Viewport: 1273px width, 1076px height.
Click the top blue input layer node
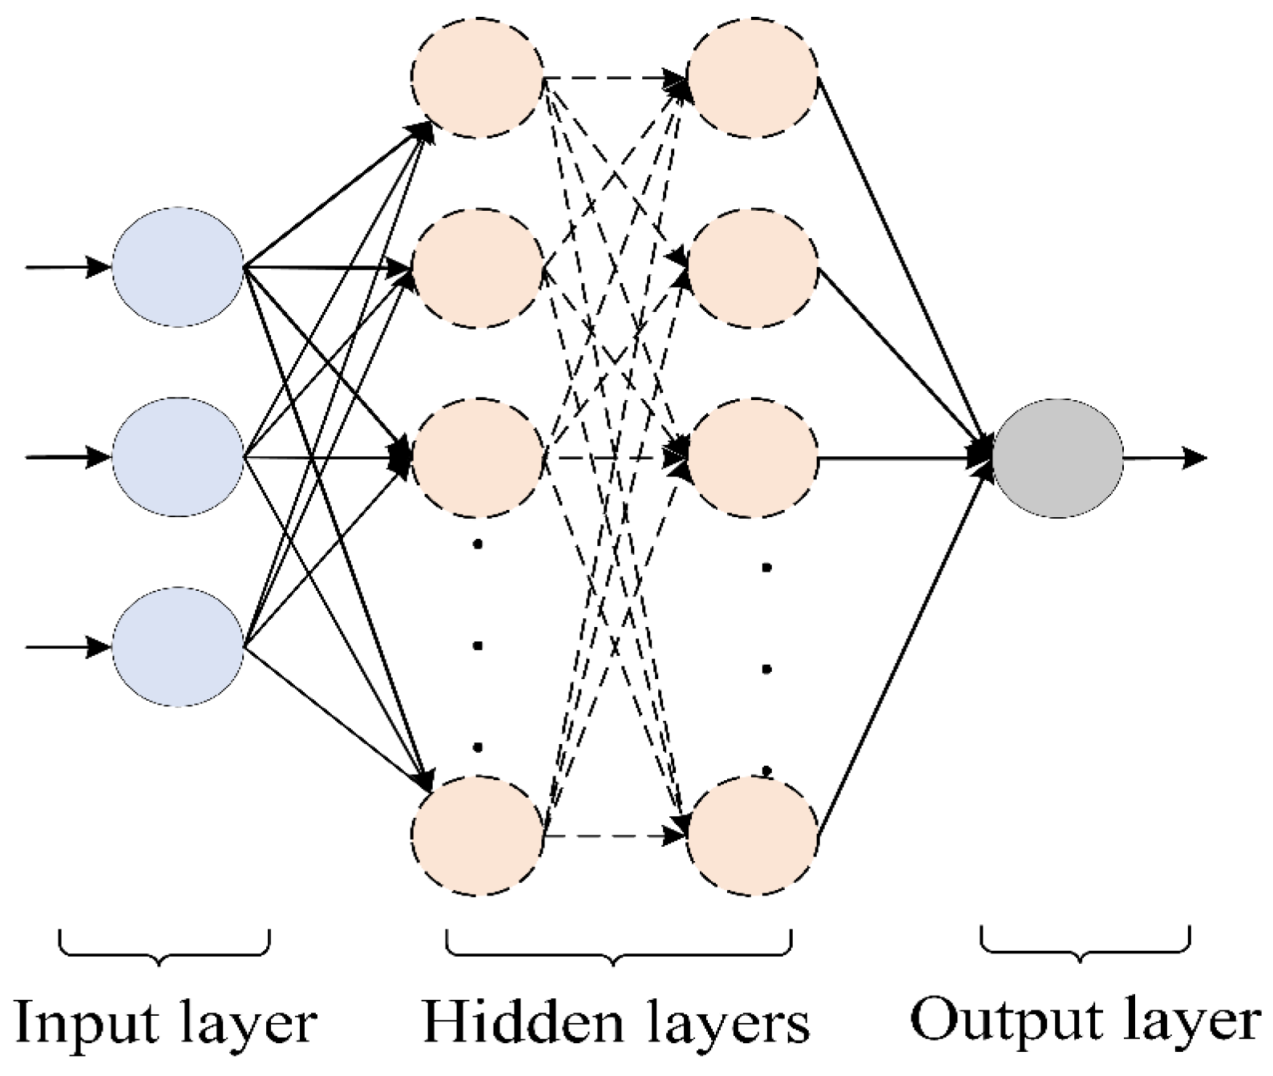(x=177, y=266)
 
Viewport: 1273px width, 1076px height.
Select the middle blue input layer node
(x=177, y=457)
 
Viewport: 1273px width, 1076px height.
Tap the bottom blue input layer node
(x=177, y=647)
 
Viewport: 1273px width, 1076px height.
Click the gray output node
(x=1057, y=458)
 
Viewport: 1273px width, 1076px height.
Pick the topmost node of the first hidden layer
(x=479, y=78)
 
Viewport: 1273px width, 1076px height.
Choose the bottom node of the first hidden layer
(x=479, y=835)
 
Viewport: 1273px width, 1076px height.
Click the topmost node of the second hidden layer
(x=753, y=78)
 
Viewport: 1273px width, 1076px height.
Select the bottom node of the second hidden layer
(x=753, y=835)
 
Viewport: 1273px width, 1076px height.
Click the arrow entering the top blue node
(x=68, y=266)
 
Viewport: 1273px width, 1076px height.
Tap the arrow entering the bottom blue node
(x=68, y=647)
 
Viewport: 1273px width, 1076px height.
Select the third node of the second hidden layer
(x=753, y=459)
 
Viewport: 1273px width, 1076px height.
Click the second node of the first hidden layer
(x=479, y=267)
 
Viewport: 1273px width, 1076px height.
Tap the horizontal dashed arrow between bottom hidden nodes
(x=613, y=836)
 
